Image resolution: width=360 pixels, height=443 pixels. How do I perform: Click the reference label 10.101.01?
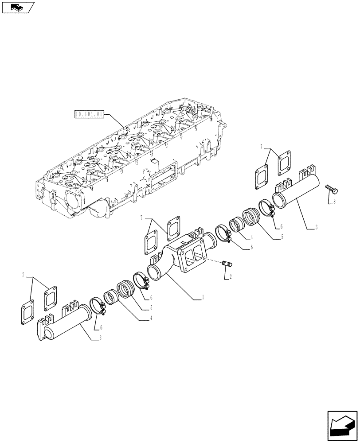click(90, 114)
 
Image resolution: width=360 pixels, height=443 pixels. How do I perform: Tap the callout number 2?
click(230, 278)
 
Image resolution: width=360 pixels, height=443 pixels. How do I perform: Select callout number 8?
click(335, 202)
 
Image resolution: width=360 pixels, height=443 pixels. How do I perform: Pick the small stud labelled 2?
click(227, 265)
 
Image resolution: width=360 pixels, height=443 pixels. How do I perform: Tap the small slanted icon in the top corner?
click(18, 7)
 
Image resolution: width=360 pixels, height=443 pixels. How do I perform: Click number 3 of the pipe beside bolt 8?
click(316, 228)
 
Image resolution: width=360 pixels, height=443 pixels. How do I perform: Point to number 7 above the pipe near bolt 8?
click(262, 146)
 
